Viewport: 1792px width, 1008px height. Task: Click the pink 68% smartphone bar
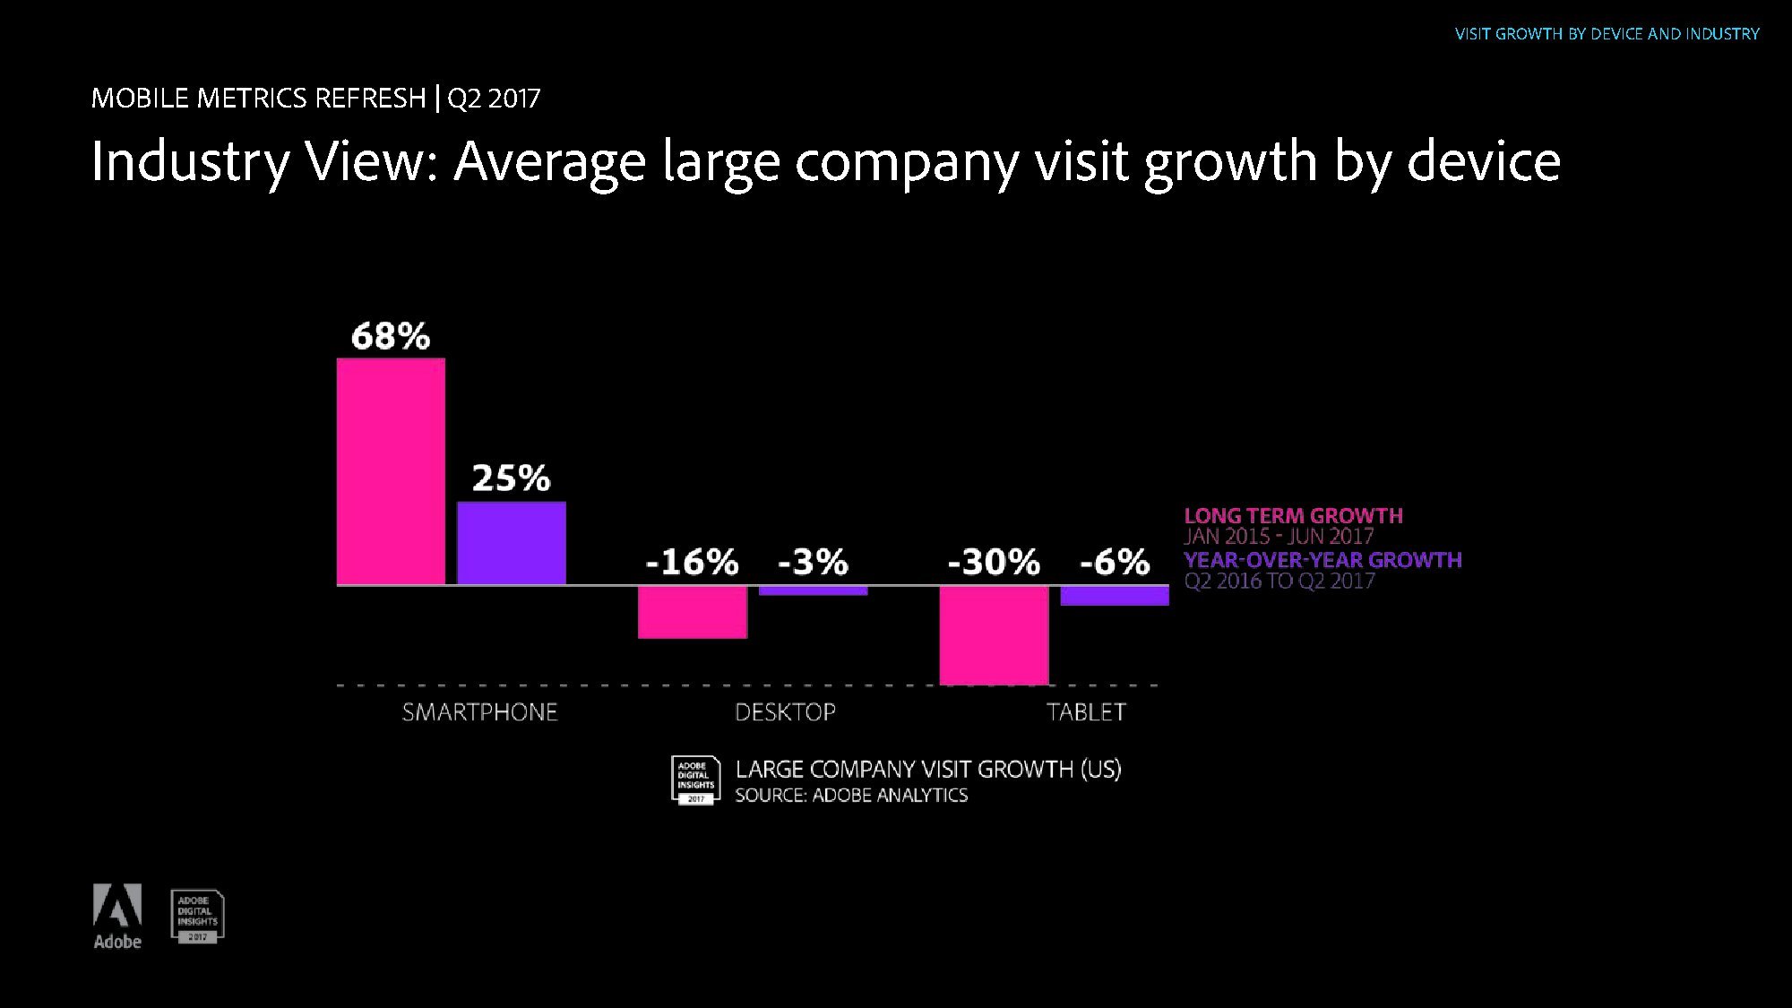tap(391, 471)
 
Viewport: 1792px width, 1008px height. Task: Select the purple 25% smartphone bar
tap(512, 543)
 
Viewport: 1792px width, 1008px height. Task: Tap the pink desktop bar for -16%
tap(693, 612)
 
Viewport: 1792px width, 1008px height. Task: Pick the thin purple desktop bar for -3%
tap(813, 590)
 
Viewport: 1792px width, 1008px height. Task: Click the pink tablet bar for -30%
tap(994, 634)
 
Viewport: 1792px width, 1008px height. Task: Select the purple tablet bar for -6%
tap(1115, 596)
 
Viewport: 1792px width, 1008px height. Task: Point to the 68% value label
tap(391, 337)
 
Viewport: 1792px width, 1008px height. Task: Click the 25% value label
tap(512, 478)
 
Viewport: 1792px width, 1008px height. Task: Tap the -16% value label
tap(693, 563)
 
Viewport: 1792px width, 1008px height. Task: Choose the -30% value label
tap(994, 563)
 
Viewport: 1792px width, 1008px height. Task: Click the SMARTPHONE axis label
tap(479, 712)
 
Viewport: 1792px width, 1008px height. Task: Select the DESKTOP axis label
tap(785, 712)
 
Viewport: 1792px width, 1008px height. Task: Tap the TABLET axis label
tap(1086, 712)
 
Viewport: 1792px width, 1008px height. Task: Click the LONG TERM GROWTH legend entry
tap(1293, 516)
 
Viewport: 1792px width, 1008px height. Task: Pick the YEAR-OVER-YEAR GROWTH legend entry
tap(1322, 560)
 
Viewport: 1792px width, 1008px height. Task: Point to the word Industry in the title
tap(190, 162)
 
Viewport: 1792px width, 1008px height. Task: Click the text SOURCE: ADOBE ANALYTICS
tap(851, 796)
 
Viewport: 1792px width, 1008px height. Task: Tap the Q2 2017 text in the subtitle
tap(494, 98)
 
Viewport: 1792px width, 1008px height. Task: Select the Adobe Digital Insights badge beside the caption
tap(695, 780)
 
